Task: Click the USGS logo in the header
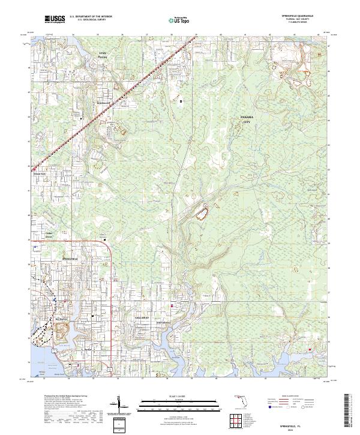(55, 19)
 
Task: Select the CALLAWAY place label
(142, 316)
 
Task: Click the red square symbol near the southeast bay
(310, 350)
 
